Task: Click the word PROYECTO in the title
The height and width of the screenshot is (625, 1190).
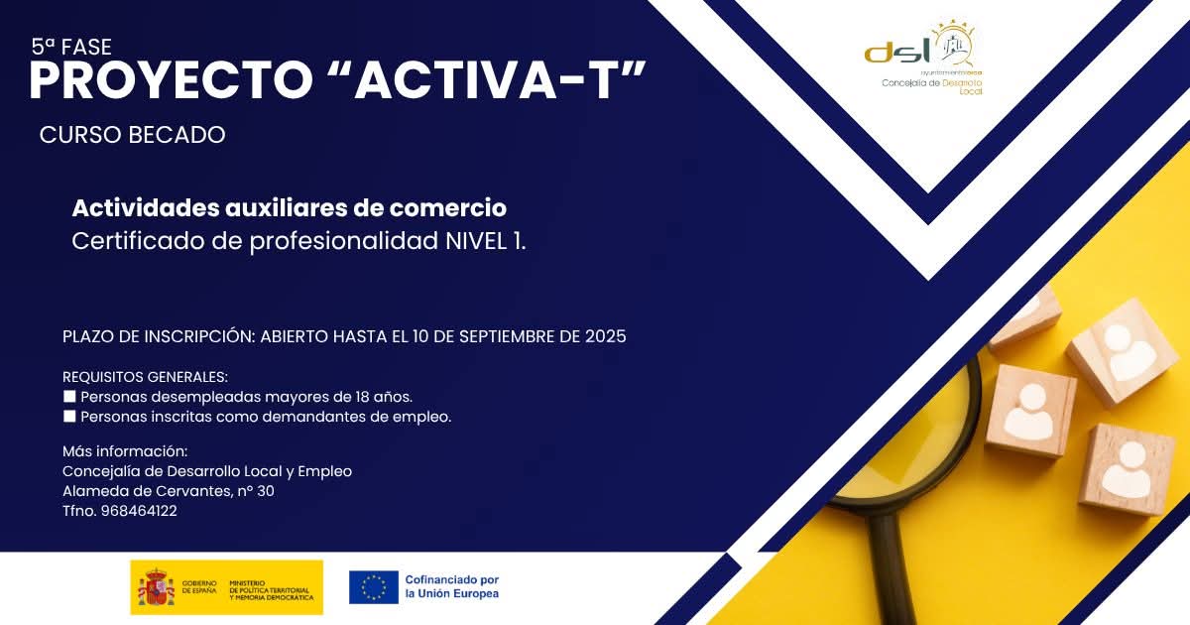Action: (169, 81)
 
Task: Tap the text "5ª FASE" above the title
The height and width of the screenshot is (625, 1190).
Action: (71, 47)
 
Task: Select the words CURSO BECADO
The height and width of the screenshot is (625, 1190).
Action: (133, 135)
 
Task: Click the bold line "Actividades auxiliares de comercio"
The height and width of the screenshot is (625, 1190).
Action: (289, 208)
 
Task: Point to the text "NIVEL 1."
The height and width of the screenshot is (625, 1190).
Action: (486, 241)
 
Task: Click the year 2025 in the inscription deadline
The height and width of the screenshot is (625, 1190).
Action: (605, 336)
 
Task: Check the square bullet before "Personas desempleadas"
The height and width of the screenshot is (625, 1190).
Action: (69, 397)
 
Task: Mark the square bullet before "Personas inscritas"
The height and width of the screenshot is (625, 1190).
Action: (69, 417)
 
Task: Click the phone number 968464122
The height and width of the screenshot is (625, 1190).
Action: (139, 512)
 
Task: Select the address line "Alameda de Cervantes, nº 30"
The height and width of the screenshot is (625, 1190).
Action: (169, 492)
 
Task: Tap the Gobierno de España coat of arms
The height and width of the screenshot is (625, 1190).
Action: (156, 587)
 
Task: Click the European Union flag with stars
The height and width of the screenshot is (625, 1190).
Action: (374, 587)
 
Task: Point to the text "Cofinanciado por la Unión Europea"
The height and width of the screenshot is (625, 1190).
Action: (451, 586)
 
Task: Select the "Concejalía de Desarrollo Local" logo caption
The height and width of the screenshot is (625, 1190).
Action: (931, 86)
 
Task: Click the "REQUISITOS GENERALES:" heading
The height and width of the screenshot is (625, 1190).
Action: (145, 377)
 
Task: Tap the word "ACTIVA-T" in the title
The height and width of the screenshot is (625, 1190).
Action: (501, 81)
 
